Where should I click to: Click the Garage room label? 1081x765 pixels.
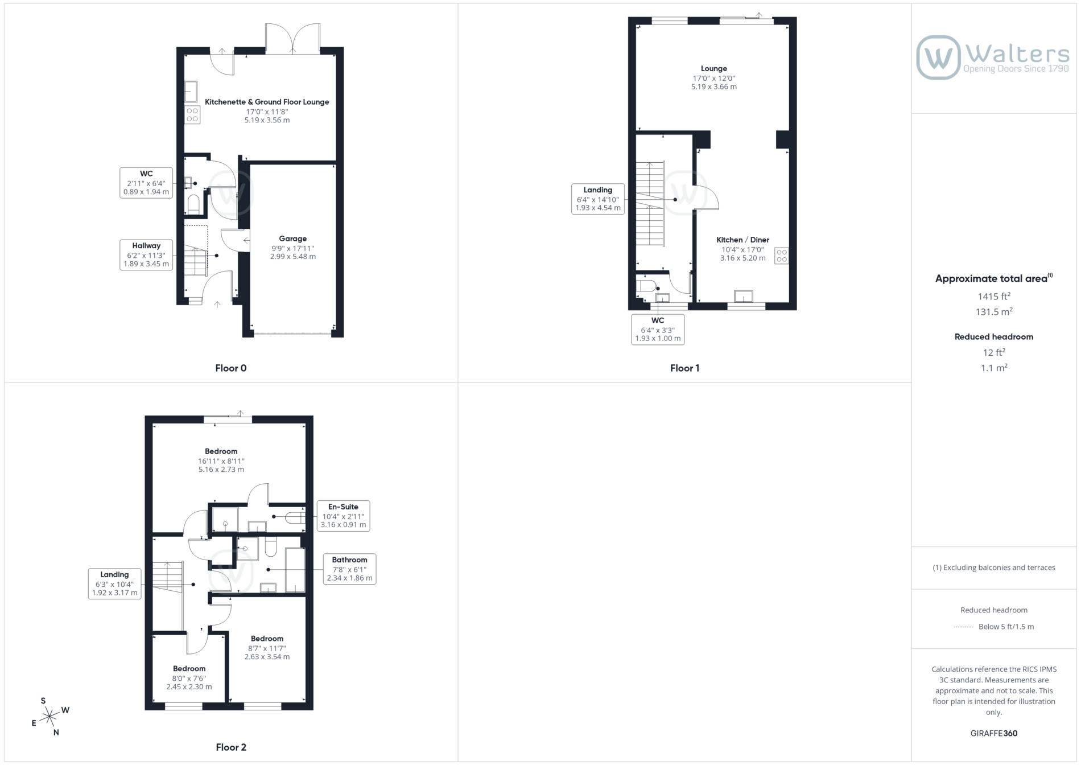click(292, 238)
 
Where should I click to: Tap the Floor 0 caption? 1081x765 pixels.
click(231, 368)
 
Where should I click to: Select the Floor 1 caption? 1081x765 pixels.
click(685, 368)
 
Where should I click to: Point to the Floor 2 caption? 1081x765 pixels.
click(231, 747)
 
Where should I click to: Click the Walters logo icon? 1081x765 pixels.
click(938, 57)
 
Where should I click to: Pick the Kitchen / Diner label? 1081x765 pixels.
click(742, 240)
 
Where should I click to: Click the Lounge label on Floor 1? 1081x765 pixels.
click(714, 68)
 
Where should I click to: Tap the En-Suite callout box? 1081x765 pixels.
click(343, 516)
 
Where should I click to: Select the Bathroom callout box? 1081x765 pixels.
click(349, 569)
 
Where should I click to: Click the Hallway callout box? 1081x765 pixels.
click(146, 255)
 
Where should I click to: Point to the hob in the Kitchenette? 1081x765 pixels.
click(192, 115)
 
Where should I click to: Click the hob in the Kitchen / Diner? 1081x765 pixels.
click(782, 256)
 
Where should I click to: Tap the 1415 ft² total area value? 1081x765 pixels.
click(994, 296)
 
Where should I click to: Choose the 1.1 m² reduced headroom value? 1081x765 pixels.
click(994, 368)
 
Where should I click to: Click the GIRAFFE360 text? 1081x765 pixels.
click(994, 733)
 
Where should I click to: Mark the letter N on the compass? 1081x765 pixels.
click(56, 733)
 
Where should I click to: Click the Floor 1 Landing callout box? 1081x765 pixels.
click(597, 199)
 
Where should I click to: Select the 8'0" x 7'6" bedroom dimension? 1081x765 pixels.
click(189, 678)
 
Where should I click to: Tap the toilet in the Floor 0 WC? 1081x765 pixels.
click(193, 204)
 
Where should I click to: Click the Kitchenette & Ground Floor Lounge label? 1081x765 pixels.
click(267, 102)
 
